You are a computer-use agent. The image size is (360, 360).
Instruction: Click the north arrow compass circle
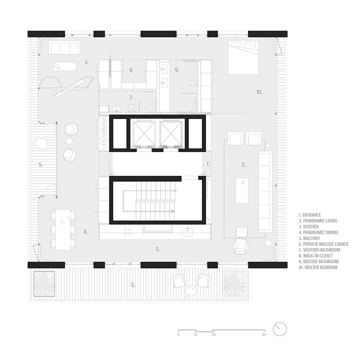pyautogui.click(x=280, y=329)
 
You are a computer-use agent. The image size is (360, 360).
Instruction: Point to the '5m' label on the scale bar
pyautogui.click(x=264, y=335)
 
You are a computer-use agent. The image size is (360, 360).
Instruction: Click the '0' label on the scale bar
pyautogui.click(x=179, y=335)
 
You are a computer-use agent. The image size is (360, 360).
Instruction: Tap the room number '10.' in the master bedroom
pyautogui.click(x=259, y=92)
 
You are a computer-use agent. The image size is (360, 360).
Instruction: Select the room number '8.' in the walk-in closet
pyautogui.click(x=132, y=70)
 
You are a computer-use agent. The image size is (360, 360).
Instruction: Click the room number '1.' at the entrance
pyautogui.click(x=208, y=164)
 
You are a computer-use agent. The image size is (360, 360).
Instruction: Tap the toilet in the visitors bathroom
pyautogui.click(x=132, y=108)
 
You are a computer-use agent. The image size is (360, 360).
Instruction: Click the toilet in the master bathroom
pyautogui.click(x=193, y=83)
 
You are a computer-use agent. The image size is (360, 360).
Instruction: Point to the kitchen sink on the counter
pyautogui.click(x=188, y=232)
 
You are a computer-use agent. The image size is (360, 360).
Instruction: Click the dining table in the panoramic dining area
pyautogui.click(x=63, y=230)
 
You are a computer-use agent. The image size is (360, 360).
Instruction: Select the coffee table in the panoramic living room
pyautogui.click(x=242, y=191)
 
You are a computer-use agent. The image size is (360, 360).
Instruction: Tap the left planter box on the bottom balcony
pyautogui.click(x=44, y=284)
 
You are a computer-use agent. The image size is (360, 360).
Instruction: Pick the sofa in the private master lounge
pyautogui.click(x=65, y=48)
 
